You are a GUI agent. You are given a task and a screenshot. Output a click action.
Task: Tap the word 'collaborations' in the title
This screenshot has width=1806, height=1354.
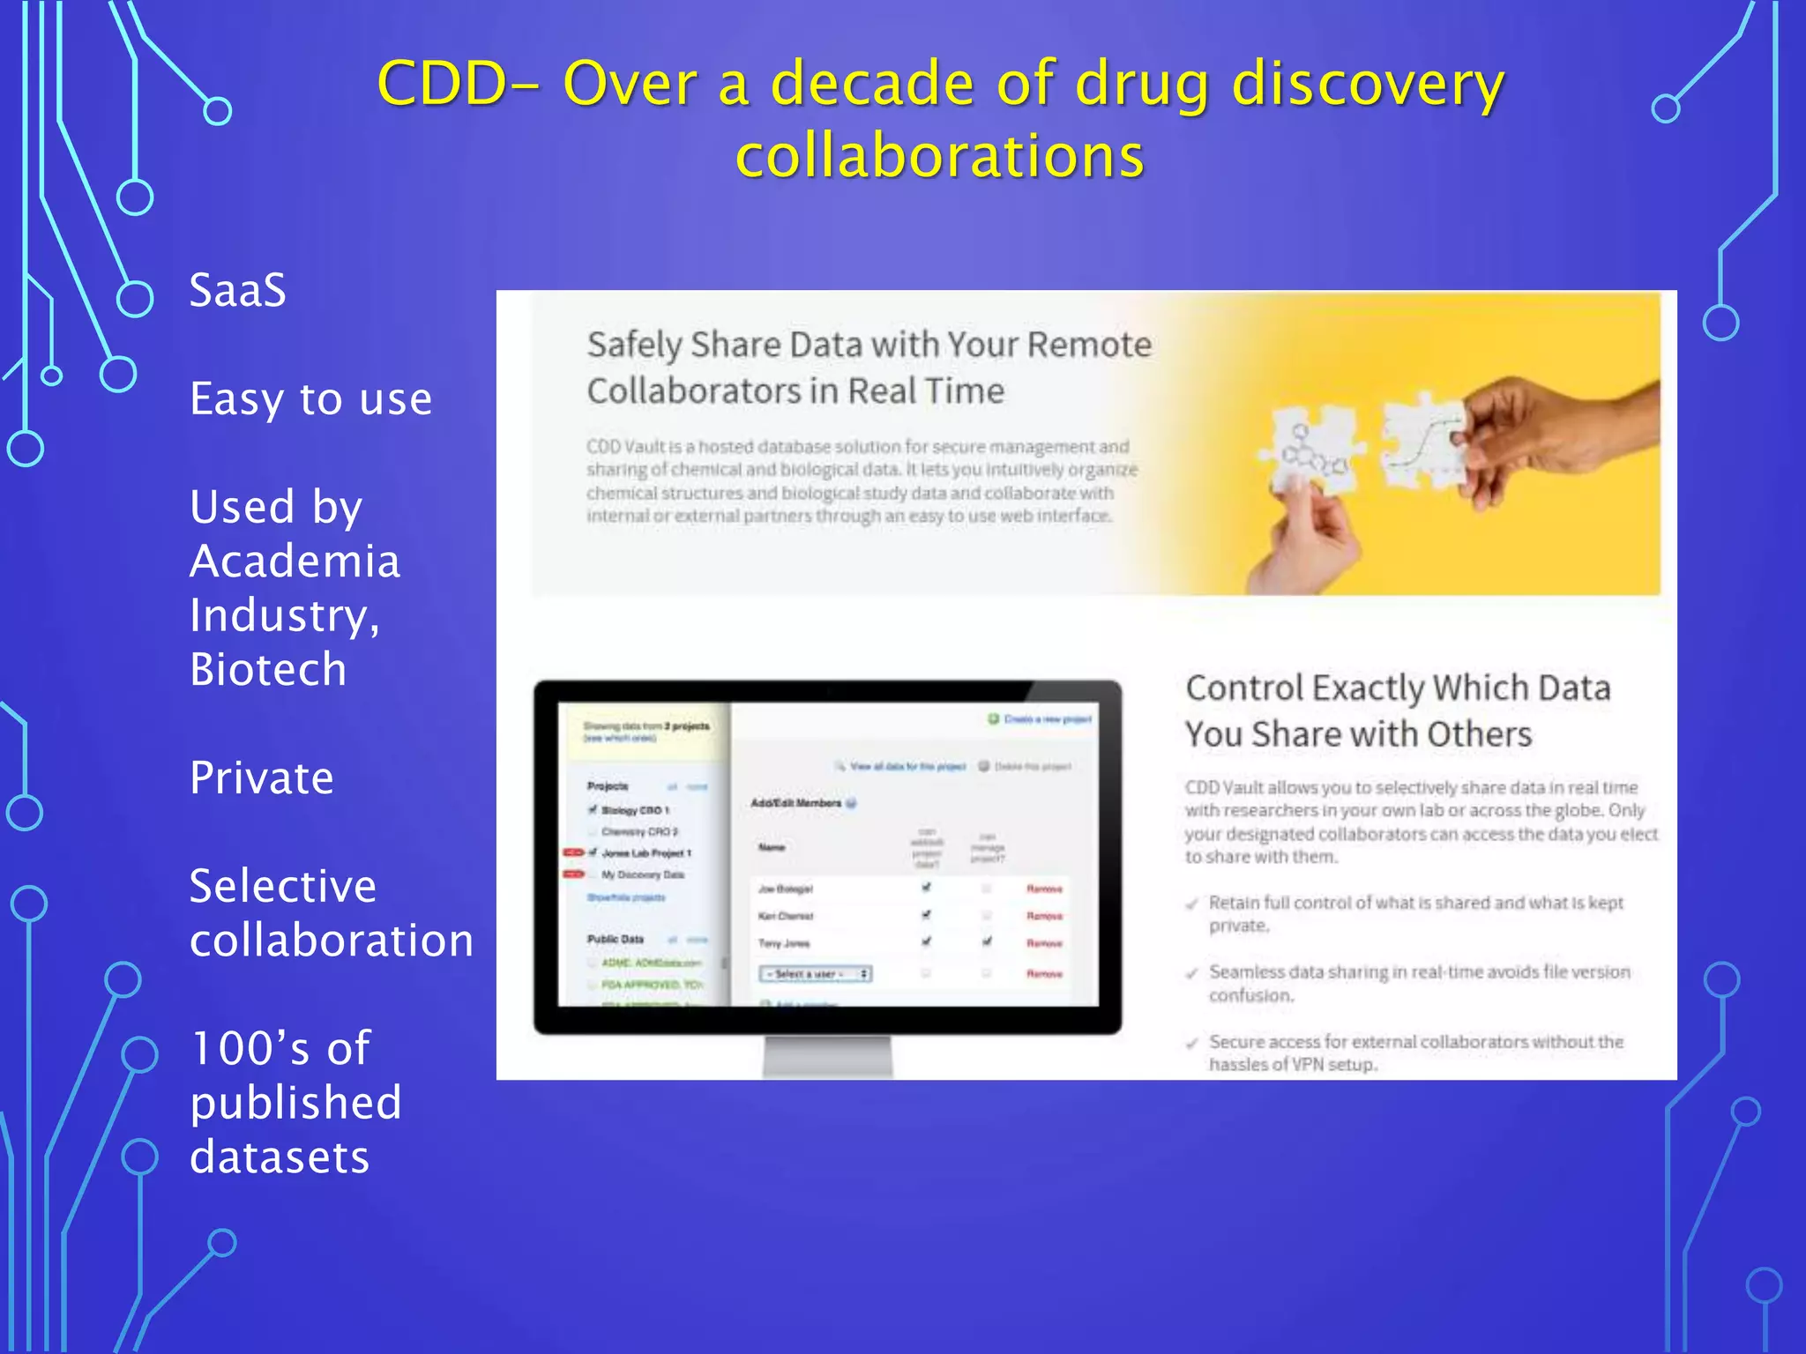pos(940,157)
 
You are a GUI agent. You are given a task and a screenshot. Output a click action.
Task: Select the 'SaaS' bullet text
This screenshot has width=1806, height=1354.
pos(238,290)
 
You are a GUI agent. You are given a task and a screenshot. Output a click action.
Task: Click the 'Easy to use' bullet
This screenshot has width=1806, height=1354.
pos(310,398)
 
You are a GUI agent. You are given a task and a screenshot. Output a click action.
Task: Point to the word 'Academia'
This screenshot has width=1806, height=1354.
pos(295,562)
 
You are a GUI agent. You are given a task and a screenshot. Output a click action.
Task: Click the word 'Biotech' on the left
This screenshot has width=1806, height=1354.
pos(268,669)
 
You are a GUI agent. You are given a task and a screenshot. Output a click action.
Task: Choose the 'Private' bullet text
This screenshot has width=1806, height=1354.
pos(262,777)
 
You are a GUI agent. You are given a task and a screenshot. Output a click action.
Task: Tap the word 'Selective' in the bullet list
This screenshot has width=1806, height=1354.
pos(283,886)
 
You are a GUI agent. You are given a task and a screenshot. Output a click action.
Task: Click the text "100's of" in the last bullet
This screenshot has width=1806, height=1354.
pos(280,1048)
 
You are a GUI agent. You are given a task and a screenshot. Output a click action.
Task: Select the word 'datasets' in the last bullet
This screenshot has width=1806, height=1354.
pos(280,1157)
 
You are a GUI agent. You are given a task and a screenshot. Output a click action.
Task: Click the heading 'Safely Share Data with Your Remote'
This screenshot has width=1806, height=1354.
pos(869,345)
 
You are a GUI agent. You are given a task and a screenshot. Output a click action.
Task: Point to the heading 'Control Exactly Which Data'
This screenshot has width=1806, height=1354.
pos(1398,688)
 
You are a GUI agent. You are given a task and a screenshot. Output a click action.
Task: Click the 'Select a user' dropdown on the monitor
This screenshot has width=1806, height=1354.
pos(815,973)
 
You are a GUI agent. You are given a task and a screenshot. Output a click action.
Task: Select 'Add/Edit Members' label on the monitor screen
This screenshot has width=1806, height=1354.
pos(796,803)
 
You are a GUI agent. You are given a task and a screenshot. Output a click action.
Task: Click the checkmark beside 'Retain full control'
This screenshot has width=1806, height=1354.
pos(1192,904)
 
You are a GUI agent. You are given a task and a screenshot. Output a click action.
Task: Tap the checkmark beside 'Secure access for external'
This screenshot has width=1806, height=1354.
pos(1192,1043)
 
